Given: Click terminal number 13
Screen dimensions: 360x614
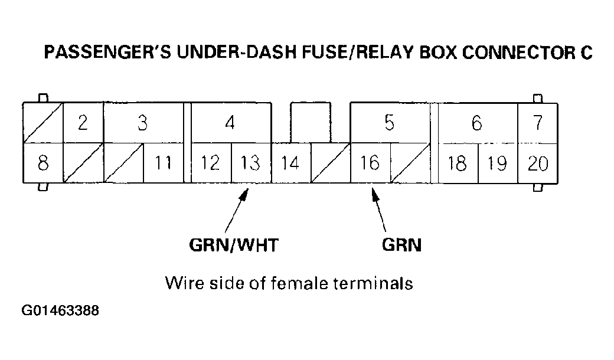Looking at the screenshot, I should [x=250, y=163].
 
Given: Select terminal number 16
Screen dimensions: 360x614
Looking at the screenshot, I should [x=370, y=163].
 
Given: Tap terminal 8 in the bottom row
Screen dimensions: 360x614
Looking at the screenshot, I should [x=43, y=163].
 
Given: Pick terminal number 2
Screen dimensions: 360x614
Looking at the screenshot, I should [x=83, y=123].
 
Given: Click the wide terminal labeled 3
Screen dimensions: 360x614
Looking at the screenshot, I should [x=143, y=123].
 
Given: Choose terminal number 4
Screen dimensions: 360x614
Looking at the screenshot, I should [x=230, y=123].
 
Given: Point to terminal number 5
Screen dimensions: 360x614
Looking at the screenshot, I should [x=389, y=123].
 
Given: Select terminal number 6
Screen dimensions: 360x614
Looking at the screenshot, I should [x=477, y=123].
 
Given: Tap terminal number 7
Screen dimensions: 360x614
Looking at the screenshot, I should [x=538, y=123].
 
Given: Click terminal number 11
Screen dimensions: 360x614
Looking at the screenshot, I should [x=163, y=163].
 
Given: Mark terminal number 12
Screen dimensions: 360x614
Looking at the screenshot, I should [x=211, y=163].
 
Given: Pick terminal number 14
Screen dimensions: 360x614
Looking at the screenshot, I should [x=290, y=163].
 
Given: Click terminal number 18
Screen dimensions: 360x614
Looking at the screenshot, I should [x=458, y=163].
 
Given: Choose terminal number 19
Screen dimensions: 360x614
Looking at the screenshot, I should [x=498, y=163].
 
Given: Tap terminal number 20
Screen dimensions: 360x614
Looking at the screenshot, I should [x=538, y=163].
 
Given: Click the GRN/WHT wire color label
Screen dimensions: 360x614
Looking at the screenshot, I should [x=233, y=245].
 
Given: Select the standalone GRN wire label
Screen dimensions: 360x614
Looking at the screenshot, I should [x=401, y=245].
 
